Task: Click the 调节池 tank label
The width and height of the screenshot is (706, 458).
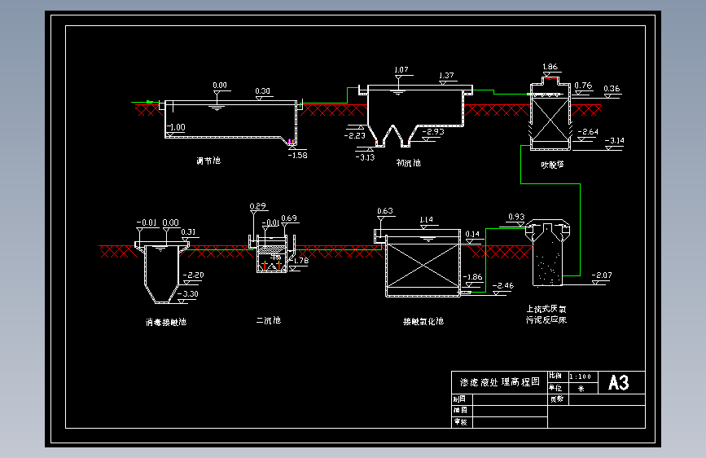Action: coord(208,161)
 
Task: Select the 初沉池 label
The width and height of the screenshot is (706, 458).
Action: coord(408,162)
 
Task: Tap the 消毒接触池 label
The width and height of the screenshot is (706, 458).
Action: coord(165,322)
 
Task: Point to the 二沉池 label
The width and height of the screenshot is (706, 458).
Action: coord(268,320)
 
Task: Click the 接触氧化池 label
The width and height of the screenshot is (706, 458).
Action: coord(423,321)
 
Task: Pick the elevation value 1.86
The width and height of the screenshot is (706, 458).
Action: coord(549,67)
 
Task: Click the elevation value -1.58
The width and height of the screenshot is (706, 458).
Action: coord(298,155)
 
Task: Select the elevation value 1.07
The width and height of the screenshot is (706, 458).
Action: coord(400,70)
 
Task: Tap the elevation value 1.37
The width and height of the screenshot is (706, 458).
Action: coord(446,76)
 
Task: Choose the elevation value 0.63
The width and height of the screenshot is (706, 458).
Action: coord(385,211)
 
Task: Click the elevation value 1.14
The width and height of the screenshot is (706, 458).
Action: coord(426,220)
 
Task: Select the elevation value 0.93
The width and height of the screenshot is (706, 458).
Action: coord(515,217)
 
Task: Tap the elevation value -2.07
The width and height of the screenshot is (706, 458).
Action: coord(602,275)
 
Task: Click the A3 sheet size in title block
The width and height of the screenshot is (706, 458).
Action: coord(619,382)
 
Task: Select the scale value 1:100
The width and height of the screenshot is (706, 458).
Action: coord(581,377)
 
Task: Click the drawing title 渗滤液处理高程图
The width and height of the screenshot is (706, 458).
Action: coord(499,382)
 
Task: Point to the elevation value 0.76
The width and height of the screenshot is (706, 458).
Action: coord(583,85)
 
